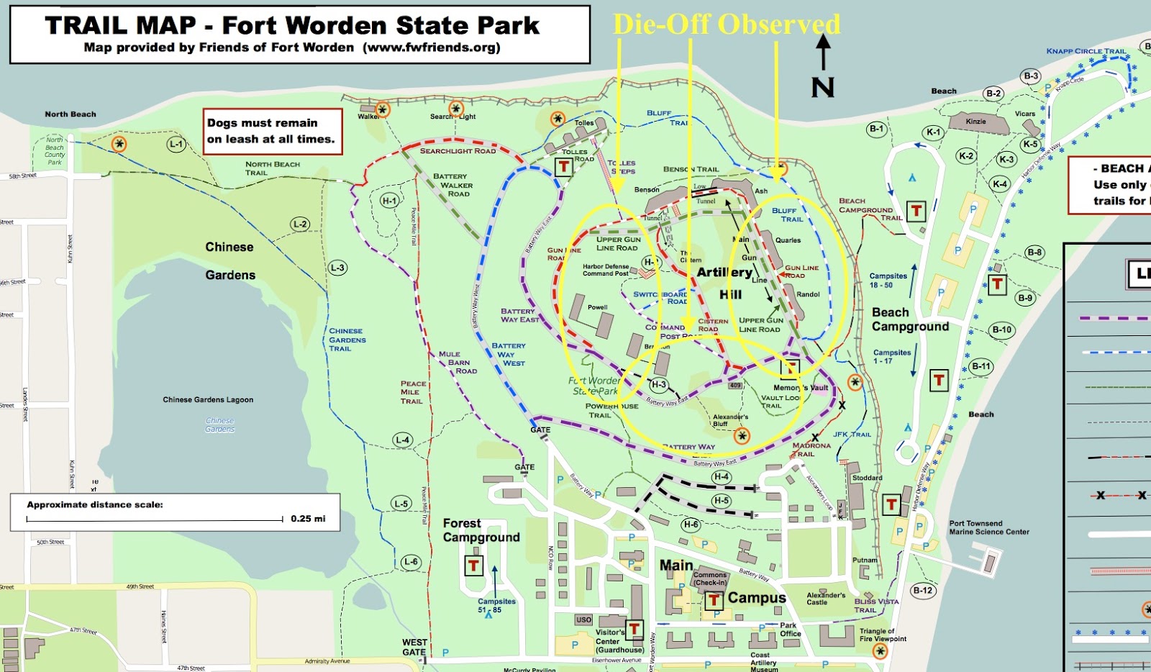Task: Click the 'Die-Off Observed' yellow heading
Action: [726, 24]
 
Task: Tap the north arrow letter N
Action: [823, 88]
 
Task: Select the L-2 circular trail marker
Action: [300, 224]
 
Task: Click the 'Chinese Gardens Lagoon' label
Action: [208, 399]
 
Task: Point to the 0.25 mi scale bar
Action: [155, 519]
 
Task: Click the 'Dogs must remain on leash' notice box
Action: [271, 131]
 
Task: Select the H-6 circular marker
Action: [691, 525]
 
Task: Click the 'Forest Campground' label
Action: [481, 530]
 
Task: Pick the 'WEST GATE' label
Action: [414, 647]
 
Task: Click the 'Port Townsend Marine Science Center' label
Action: [988, 527]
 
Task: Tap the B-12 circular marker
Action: [922, 591]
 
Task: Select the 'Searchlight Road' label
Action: [458, 151]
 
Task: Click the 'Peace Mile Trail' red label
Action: [412, 392]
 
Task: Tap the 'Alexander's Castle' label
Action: [825, 599]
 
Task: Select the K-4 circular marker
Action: [1000, 184]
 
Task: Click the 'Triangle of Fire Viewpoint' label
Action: [883, 635]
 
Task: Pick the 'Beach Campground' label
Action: [910, 319]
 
